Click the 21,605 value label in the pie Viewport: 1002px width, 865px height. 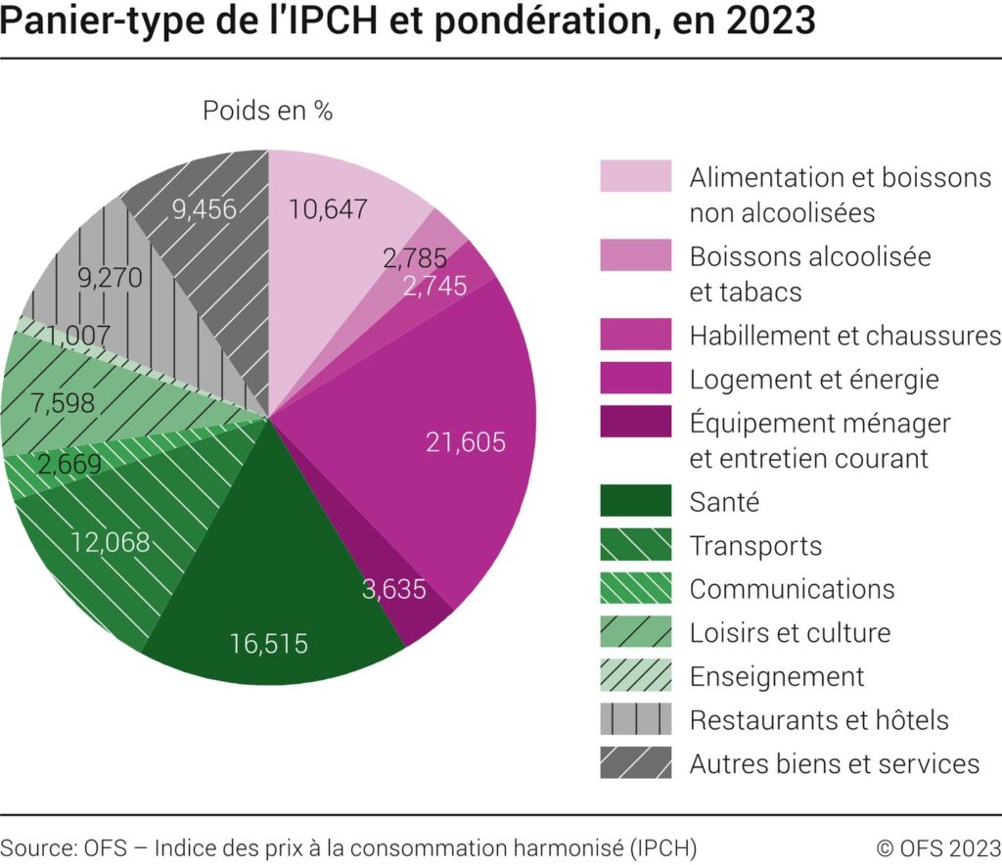(466, 442)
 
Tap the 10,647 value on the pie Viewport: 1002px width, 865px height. (329, 208)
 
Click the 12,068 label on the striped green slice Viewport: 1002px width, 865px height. (110, 542)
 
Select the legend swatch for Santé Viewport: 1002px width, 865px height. (635, 501)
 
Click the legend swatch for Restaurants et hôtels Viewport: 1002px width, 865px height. (635, 719)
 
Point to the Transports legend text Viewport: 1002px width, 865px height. (755, 545)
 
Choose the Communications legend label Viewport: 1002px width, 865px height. (792, 588)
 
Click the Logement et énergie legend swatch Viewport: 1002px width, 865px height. (635, 378)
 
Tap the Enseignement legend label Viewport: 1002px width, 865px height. (777, 676)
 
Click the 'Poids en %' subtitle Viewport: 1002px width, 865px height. (267, 112)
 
